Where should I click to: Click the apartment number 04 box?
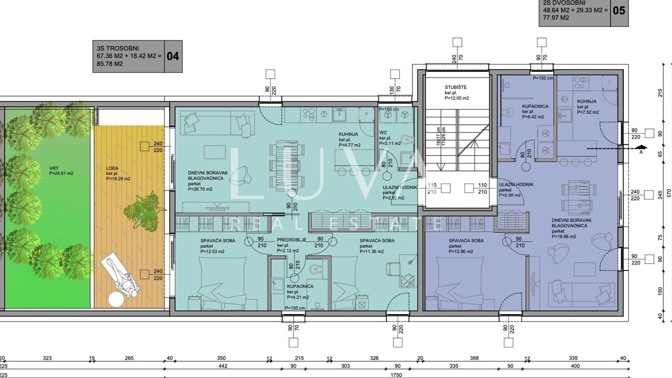pyautogui.click(x=173, y=56)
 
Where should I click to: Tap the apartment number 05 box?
pyautogui.click(x=619, y=10)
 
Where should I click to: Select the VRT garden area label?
pyautogui.click(x=61, y=171)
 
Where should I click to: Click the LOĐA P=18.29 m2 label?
pyautogui.click(x=118, y=173)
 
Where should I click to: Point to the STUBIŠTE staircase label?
pyautogui.click(x=457, y=92)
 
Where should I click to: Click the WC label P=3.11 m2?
pyautogui.click(x=389, y=138)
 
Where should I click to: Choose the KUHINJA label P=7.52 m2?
pyautogui.click(x=588, y=107)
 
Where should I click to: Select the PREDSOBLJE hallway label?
pyautogui.click(x=291, y=245)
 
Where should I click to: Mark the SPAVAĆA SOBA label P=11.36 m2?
pyautogui.click(x=377, y=246)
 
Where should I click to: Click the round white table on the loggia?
pyautogui.click(x=116, y=299)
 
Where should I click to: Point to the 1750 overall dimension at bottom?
pyautogui.click(x=396, y=375)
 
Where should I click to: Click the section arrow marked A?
pyautogui.click(x=640, y=148)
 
